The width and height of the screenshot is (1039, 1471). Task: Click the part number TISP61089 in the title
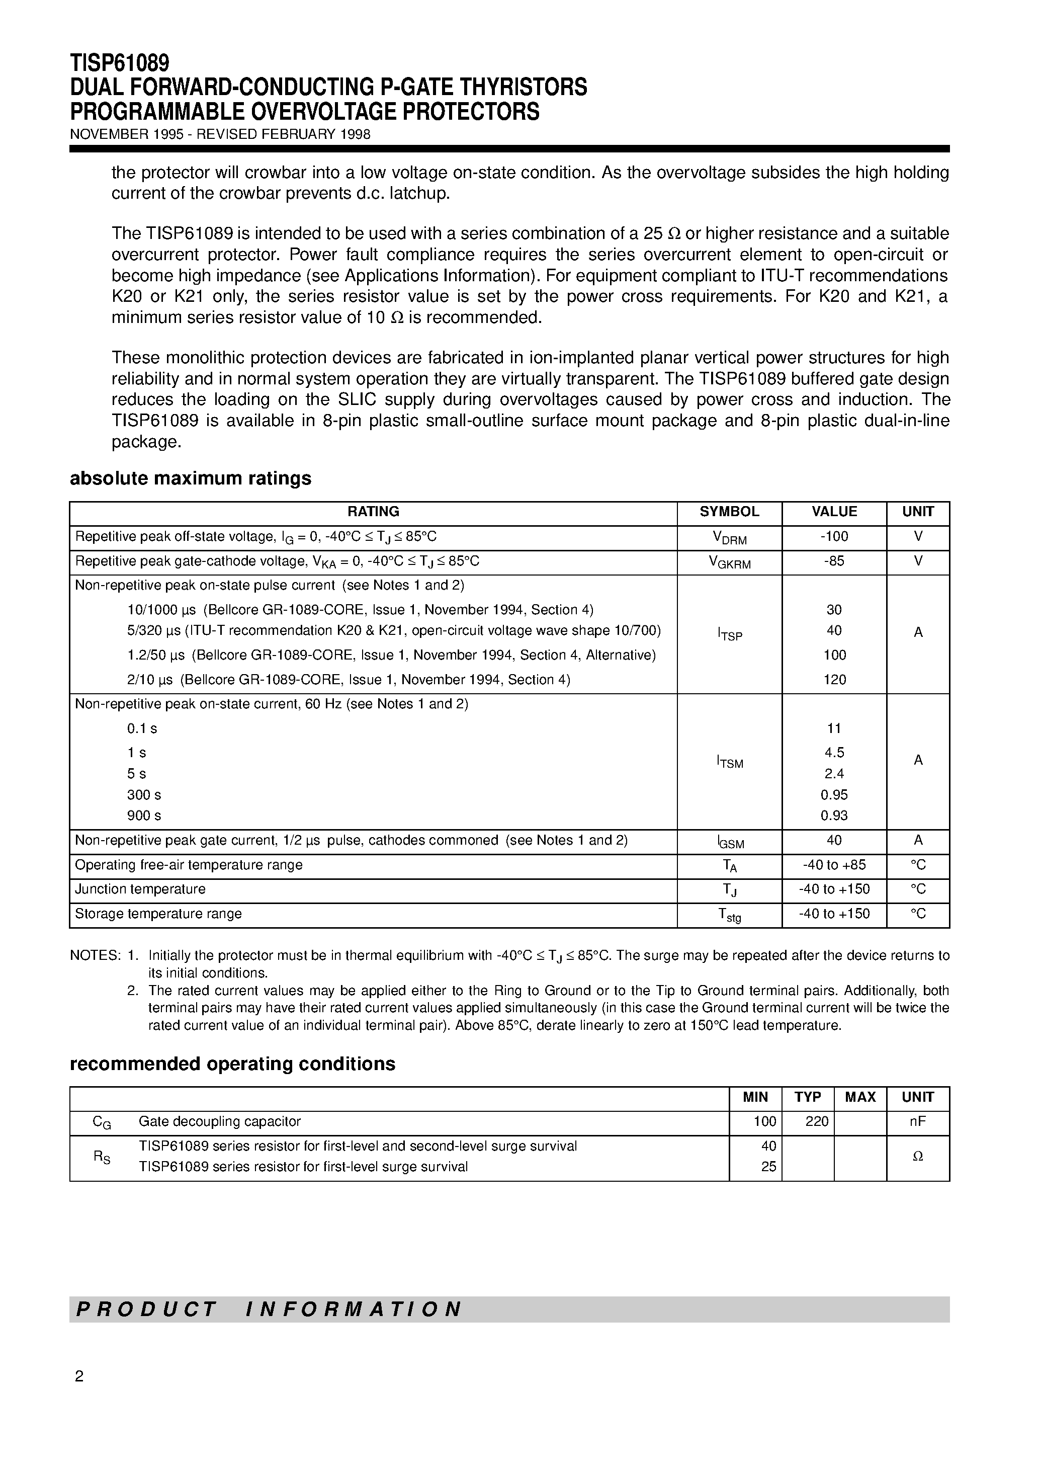120,63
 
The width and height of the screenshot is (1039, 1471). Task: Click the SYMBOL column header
729,512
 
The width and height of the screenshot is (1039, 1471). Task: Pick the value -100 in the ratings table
834,537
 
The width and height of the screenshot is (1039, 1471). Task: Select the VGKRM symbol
729,562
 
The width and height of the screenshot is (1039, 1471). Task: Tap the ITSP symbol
729,634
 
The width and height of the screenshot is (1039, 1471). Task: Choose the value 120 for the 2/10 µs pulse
834,680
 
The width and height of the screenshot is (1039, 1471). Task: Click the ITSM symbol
729,762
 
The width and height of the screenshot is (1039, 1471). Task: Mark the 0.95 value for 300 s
834,795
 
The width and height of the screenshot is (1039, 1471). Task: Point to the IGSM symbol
729,842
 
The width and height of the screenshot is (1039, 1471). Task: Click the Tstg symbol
729,916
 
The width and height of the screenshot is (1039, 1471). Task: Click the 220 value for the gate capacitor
817,1122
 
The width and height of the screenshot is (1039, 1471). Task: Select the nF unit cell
917,1122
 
